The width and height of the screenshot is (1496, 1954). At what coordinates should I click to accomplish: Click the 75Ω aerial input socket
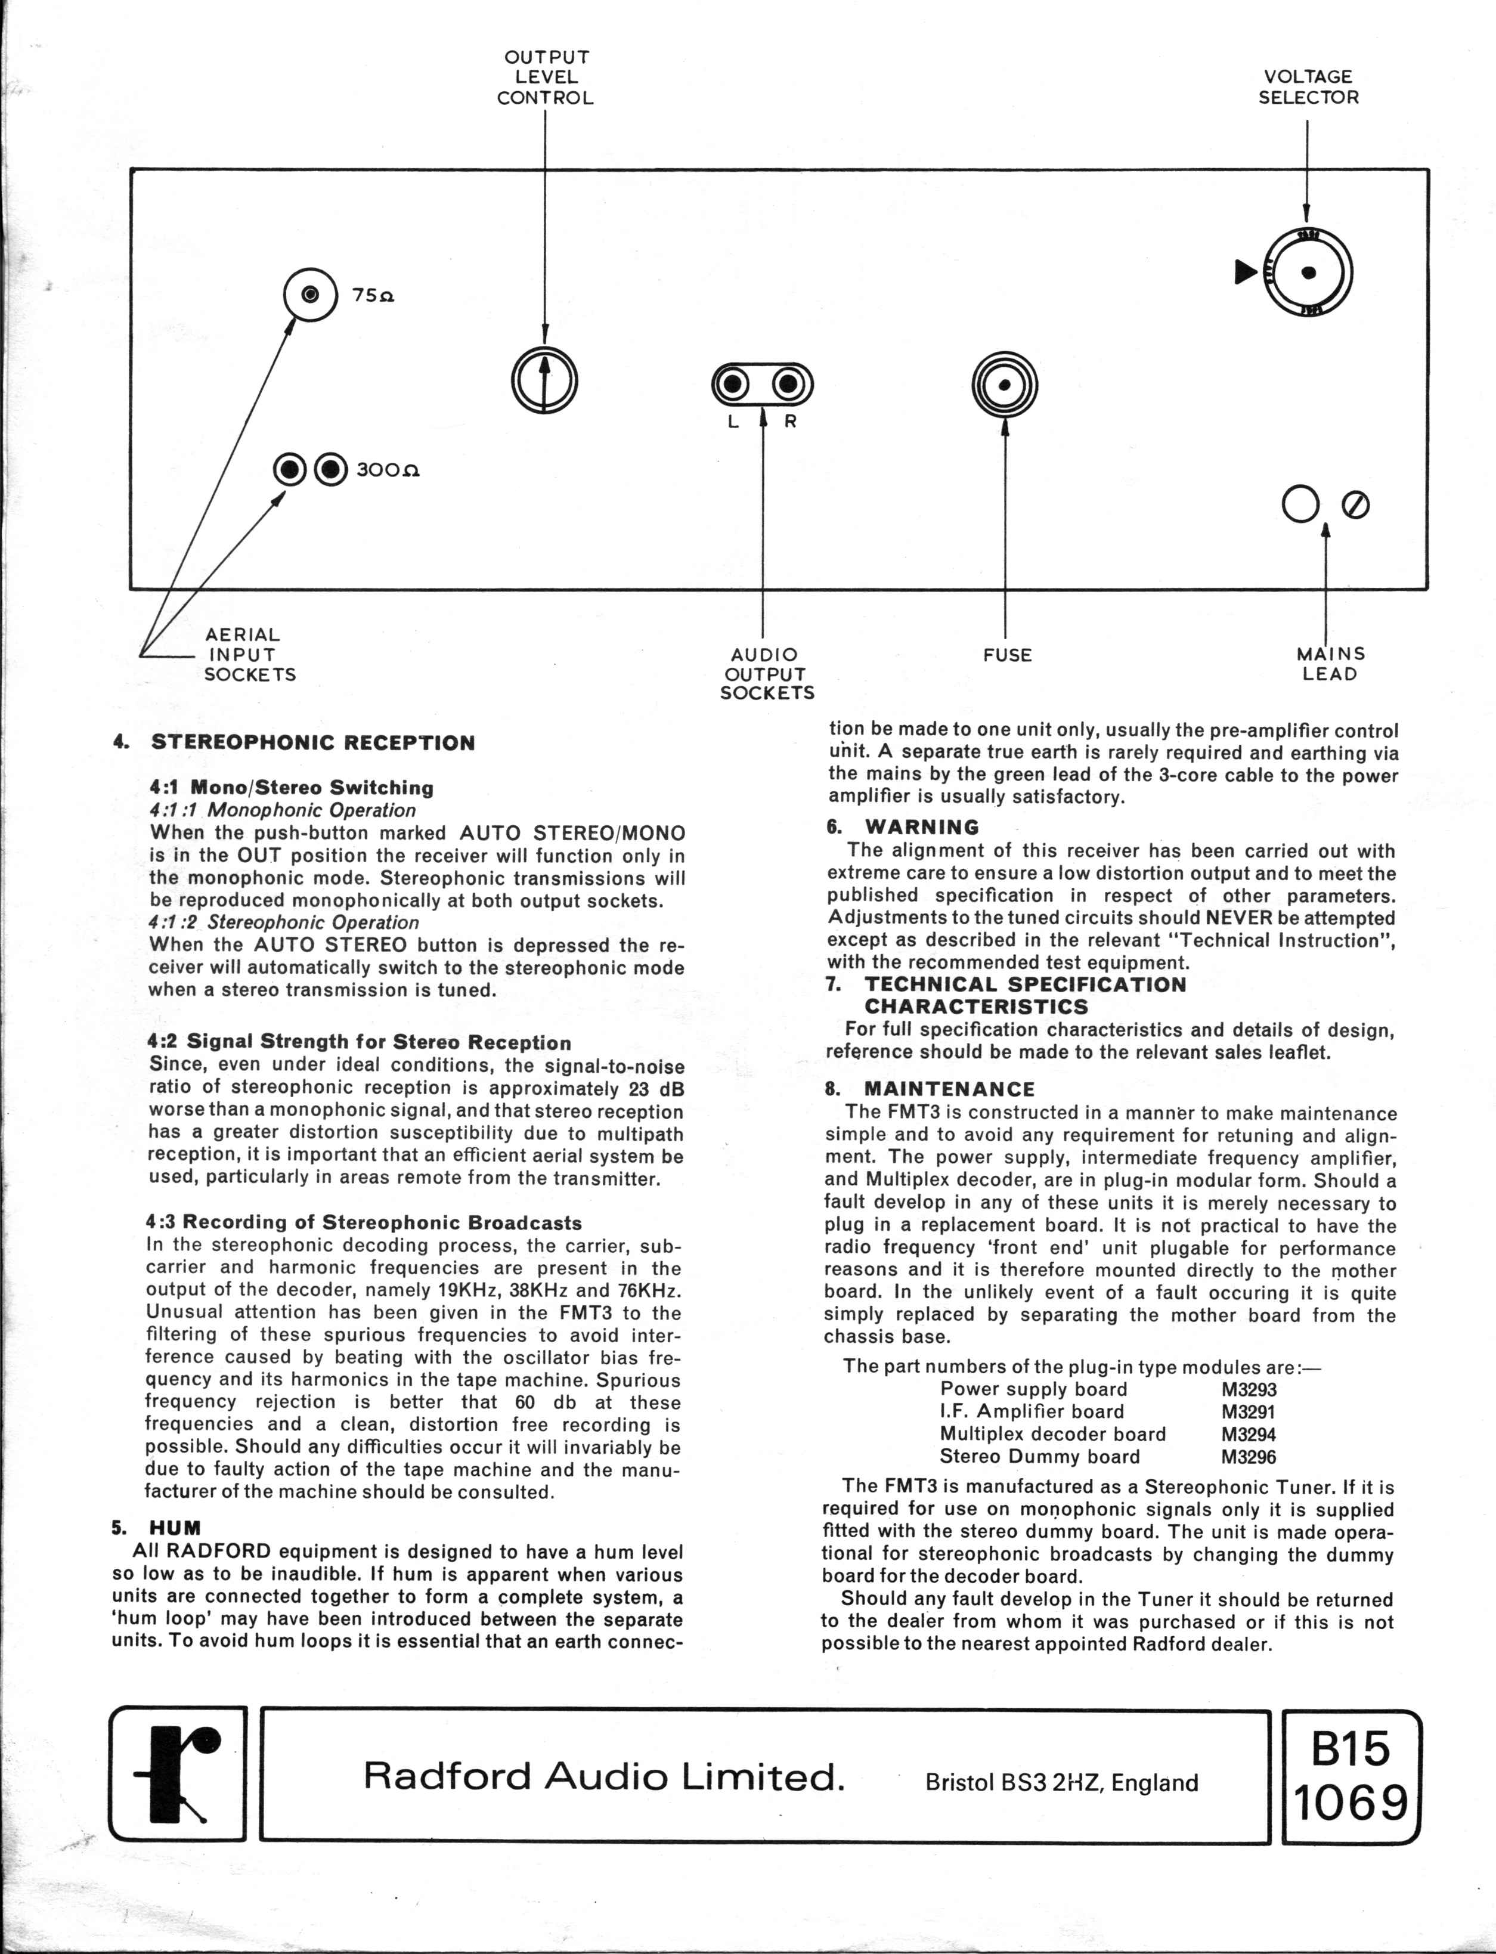pos(310,294)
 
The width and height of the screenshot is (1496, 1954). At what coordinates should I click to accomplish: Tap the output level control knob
pos(545,379)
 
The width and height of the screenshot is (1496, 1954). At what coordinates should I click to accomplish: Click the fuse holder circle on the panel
pos(1005,385)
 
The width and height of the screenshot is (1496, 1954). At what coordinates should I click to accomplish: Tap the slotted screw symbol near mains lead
pos(1355,505)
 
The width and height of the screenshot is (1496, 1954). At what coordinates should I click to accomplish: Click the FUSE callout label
pos(1007,655)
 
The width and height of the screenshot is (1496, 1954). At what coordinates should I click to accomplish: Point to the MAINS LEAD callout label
pos(1330,664)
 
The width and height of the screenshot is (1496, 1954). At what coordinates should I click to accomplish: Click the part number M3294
pos(1249,1435)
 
